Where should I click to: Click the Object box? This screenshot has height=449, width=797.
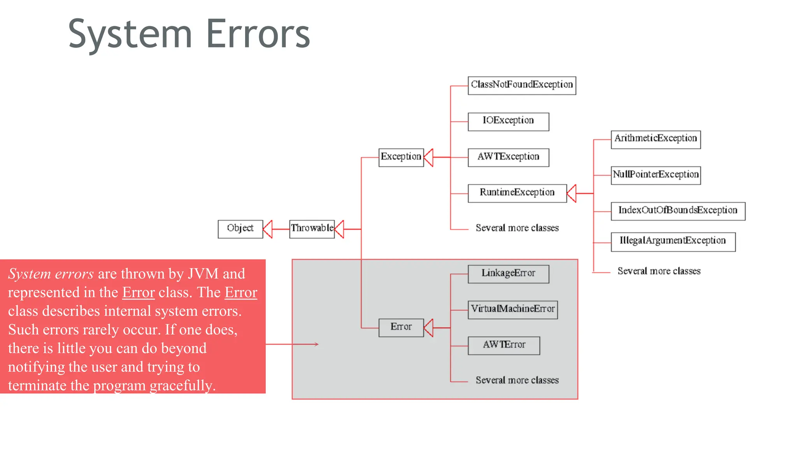(240, 229)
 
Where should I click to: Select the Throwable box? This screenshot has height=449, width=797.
(312, 229)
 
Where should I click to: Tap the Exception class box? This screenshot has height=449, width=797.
(401, 157)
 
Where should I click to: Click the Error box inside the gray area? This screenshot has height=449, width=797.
(401, 327)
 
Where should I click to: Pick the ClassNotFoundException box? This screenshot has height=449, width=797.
(521, 85)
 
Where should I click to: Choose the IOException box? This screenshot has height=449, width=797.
(508, 122)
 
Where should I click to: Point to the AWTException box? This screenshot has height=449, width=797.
(508, 157)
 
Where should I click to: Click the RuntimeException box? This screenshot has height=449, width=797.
(517, 193)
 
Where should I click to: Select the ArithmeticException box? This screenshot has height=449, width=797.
(656, 140)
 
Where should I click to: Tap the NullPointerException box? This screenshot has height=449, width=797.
(656, 175)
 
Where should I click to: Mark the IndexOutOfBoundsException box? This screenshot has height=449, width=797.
(678, 211)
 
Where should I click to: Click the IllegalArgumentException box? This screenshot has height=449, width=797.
(673, 242)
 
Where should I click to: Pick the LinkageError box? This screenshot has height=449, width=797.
(508, 274)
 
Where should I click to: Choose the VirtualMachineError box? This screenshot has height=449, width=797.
(513, 310)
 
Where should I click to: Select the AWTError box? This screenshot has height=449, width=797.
(504, 346)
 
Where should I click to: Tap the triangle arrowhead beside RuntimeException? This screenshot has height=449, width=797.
(572, 193)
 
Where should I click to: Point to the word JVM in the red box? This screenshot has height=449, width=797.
(203, 274)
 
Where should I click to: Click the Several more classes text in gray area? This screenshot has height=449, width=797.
(517, 380)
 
